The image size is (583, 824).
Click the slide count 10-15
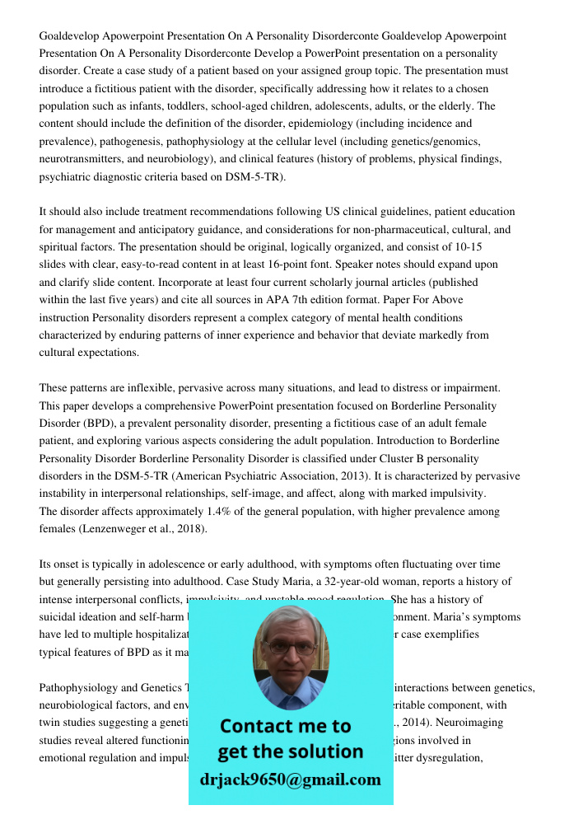tap(467, 247)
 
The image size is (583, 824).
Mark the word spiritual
tap(61, 247)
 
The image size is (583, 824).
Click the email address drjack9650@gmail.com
tap(290, 780)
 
